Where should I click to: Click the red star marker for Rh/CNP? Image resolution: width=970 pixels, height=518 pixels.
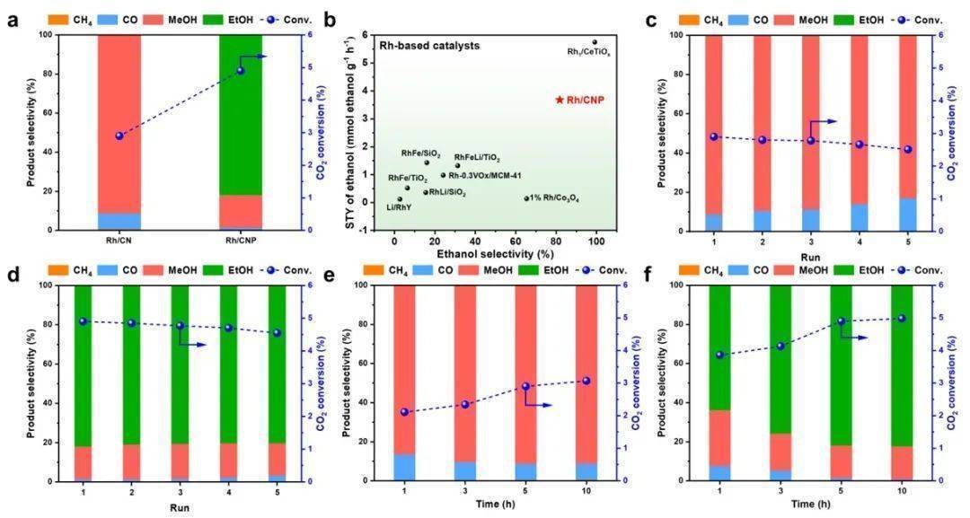coord(560,100)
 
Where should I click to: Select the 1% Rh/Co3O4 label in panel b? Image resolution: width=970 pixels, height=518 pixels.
coord(554,198)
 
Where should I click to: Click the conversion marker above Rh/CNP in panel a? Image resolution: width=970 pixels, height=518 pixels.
coord(241,71)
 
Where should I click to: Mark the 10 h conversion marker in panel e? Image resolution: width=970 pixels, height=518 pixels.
coord(586,381)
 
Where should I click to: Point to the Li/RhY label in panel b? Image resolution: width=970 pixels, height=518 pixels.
coord(400,208)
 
